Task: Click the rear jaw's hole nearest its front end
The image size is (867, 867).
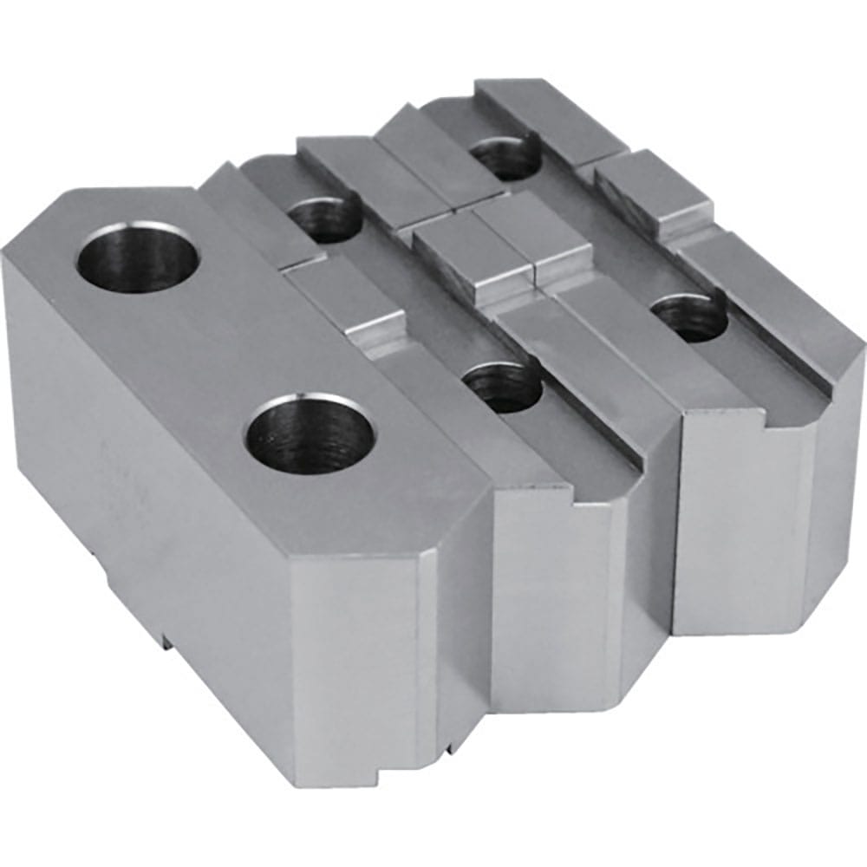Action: (690, 316)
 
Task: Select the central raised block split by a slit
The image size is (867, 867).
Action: (503, 247)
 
